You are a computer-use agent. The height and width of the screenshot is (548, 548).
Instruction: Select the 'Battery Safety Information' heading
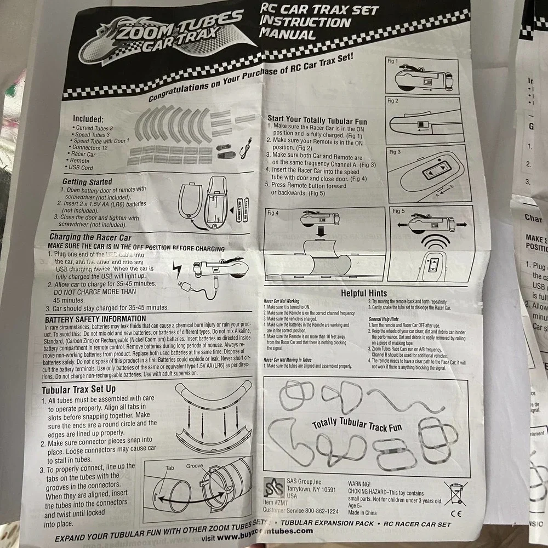click(x=95, y=319)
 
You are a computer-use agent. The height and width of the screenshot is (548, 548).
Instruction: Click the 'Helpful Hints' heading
click(x=363, y=294)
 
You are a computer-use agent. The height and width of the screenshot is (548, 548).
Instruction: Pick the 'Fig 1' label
click(x=392, y=61)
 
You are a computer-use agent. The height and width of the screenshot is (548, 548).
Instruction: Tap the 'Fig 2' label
click(x=392, y=101)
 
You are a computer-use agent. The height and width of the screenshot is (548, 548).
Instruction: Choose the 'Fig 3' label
click(x=395, y=151)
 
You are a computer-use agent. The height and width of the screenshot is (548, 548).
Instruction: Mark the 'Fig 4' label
click(x=273, y=213)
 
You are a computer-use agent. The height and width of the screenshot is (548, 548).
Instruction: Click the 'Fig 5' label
click(x=398, y=210)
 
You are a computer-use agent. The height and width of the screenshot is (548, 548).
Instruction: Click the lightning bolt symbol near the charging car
click(x=178, y=269)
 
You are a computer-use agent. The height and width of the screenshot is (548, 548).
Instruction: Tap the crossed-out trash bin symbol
click(x=454, y=493)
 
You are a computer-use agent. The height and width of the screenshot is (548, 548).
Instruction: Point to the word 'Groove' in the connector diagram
click(x=195, y=466)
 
